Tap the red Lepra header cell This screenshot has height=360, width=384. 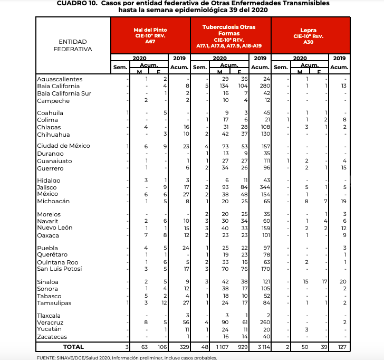(x=309, y=35)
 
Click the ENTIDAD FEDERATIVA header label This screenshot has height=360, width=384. (x=73, y=45)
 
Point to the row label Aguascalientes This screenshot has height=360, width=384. (x=60, y=79)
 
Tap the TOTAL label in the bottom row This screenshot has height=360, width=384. (x=73, y=347)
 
